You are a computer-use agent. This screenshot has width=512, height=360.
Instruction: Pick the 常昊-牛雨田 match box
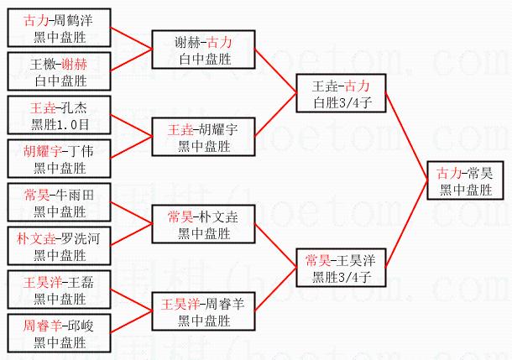click(60, 203)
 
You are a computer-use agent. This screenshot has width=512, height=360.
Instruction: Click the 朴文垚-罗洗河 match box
click(60, 247)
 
